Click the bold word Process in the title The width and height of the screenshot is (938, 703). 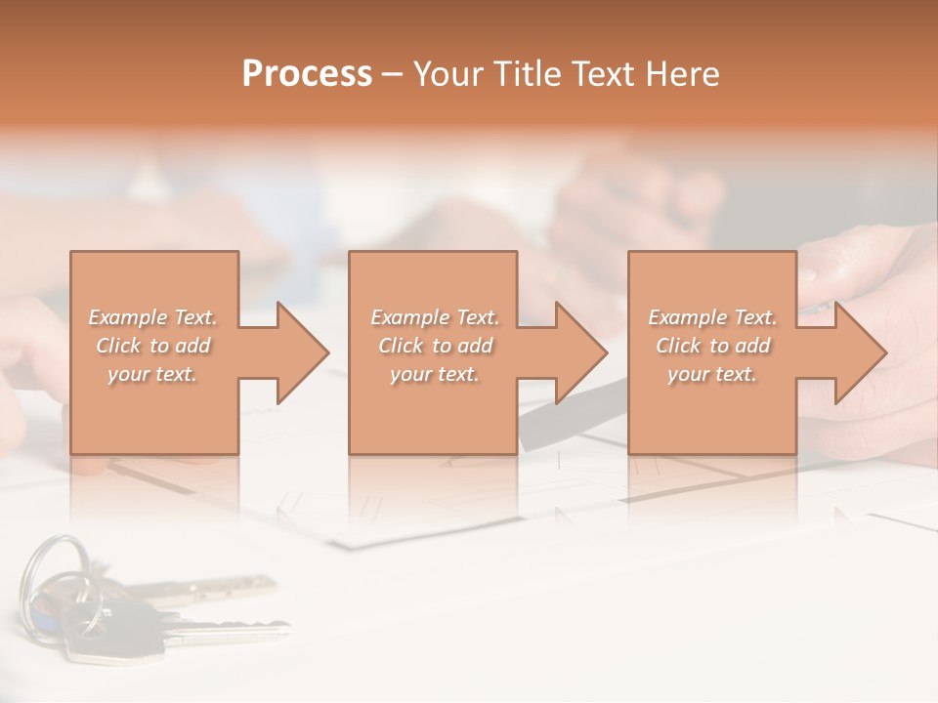[307, 74]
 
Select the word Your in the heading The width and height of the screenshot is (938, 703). [450, 74]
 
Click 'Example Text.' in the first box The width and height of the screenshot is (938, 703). [153, 317]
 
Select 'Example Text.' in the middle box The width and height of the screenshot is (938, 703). [435, 317]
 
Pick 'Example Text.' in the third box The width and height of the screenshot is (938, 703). [712, 317]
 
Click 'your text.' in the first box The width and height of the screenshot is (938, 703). [152, 374]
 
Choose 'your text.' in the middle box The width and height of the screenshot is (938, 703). [434, 374]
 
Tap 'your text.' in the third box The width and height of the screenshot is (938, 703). [711, 374]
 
